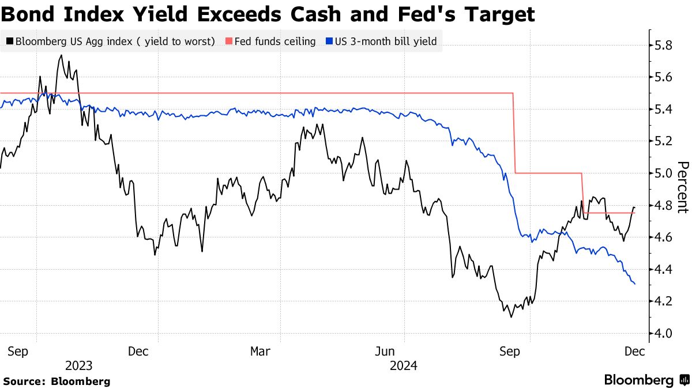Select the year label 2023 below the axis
pyautogui.click(x=79, y=365)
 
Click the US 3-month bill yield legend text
pyautogui.click(x=385, y=41)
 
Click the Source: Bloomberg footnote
pyautogui.click(x=57, y=382)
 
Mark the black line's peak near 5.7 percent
pyautogui.click(x=61, y=55)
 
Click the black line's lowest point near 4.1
pyautogui.click(x=510, y=317)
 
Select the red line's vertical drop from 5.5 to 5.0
pyautogui.click(x=514, y=133)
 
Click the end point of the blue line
pyautogui.click(x=635, y=284)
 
